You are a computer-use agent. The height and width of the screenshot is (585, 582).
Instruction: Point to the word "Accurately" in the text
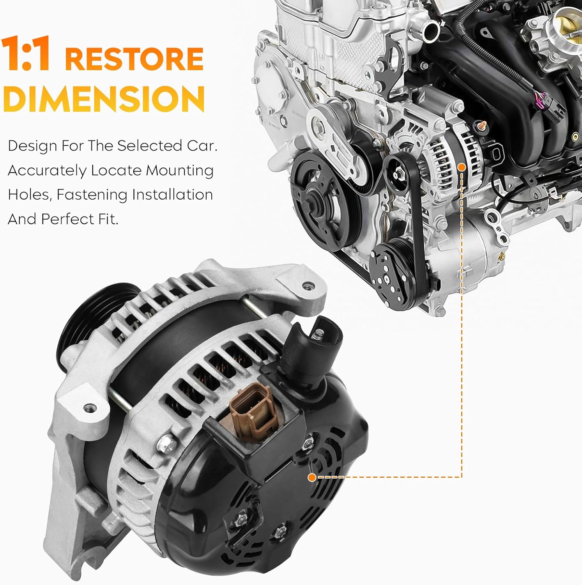pyautogui.click(x=47, y=170)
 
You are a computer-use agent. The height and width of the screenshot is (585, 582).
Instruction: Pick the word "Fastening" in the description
pyautogui.click(x=92, y=195)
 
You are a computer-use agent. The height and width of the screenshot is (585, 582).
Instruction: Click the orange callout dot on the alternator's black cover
pyautogui.click(x=311, y=477)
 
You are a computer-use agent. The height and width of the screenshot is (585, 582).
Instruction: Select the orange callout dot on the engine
pyautogui.click(x=462, y=167)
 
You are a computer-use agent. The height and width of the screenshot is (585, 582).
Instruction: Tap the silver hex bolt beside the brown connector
pyautogui.click(x=164, y=442)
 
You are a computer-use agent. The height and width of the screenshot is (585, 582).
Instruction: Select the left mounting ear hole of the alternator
pyautogui.click(x=91, y=408)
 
